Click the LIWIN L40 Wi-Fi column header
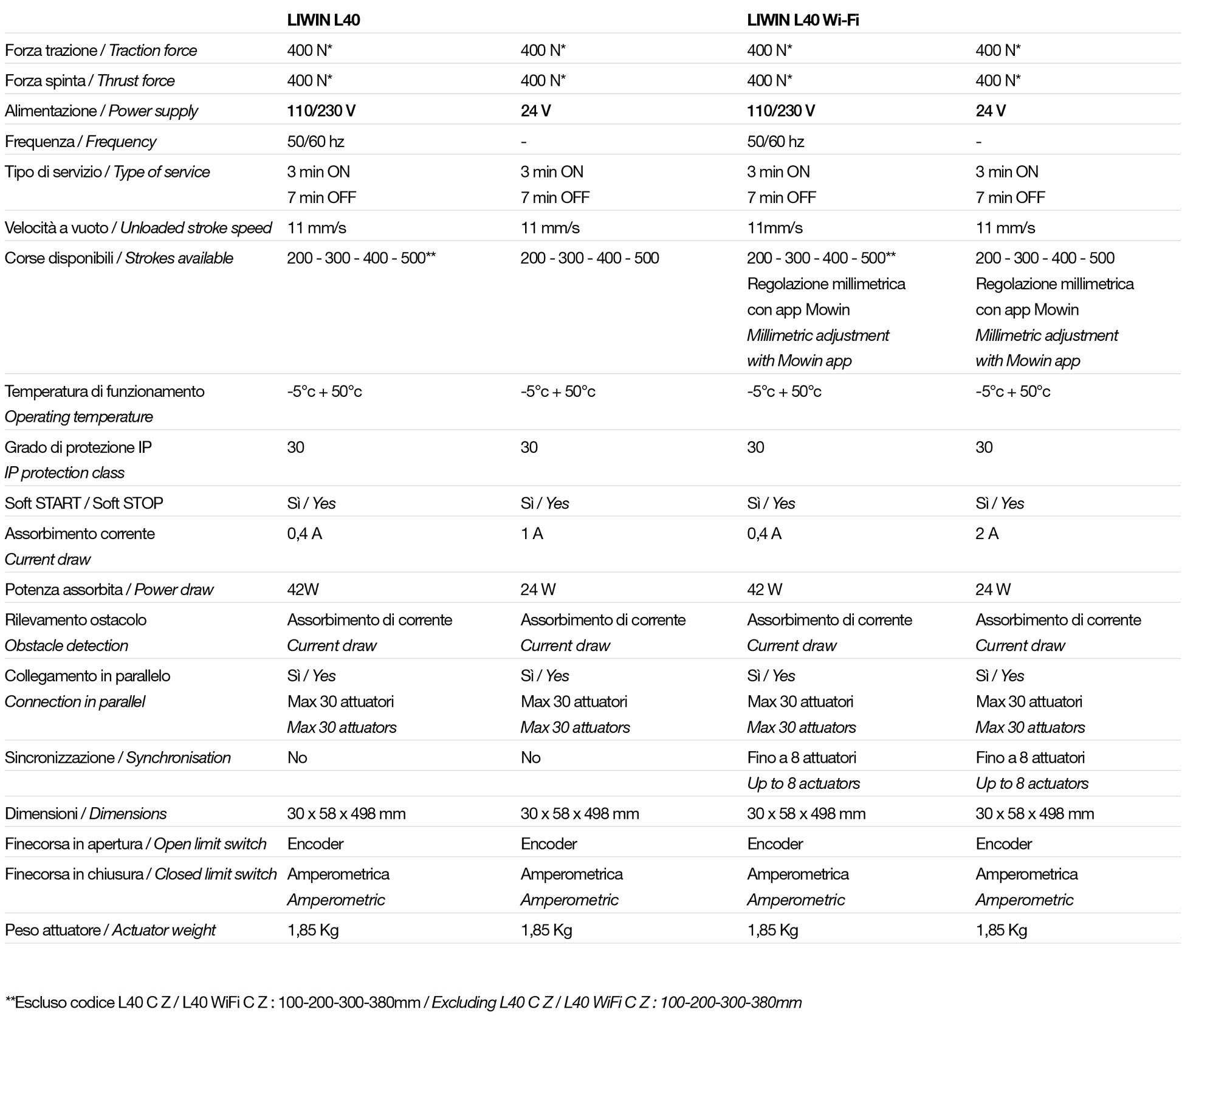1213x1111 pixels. [x=802, y=20]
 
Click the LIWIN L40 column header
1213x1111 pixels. [x=323, y=20]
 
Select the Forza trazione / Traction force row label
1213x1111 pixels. [x=101, y=50]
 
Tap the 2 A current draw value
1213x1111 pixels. [x=987, y=534]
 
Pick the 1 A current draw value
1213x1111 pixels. [x=532, y=534]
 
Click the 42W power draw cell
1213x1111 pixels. [x=303, y=590]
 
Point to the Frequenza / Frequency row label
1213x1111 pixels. [x=80, y=142]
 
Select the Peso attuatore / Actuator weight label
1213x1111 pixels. [x=110, y=930]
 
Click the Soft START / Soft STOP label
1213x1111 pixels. [x=84, y=503]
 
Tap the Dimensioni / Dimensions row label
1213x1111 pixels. [x=86, y=813]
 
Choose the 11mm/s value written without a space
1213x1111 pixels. [x=774, y=228]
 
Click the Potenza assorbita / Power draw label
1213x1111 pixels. [x=109, y=590]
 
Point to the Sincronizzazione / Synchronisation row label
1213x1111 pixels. [x=118, y=757]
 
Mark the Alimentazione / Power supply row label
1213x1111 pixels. [x=101, y=111]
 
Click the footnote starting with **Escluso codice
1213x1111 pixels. [x=403, y=1002]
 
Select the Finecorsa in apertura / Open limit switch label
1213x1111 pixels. [x=136, y=844]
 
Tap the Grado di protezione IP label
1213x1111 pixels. [x=78, y=447]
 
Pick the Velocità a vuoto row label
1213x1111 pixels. [x=138, y=228]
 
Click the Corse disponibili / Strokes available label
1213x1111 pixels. [x=119, y=258]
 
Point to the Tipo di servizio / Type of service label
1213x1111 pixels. [x=107, y=172]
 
